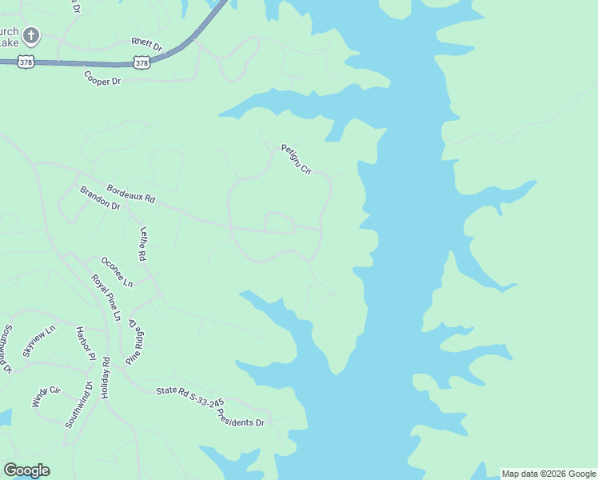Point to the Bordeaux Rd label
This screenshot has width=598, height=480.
tap(131, 193)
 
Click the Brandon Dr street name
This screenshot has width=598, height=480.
tap(99, 198)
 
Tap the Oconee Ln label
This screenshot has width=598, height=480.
tap(117, 271)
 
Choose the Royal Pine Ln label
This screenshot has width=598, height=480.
tap(106, 298)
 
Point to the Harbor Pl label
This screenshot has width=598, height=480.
tap(86, 342)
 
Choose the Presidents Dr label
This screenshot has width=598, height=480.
tap(243, 419)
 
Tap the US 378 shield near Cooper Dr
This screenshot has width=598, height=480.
tap(142, 62)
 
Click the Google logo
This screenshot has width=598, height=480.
tap(26, 470)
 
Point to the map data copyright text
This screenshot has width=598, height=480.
tap(548, 474)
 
